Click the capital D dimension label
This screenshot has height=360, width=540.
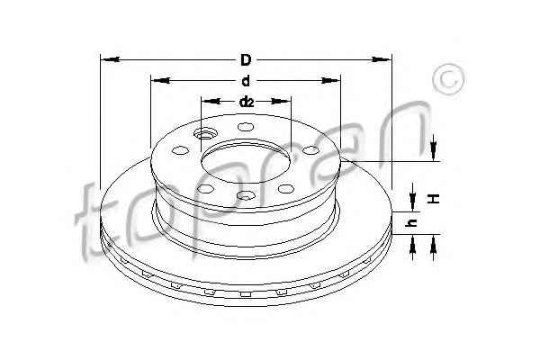246,60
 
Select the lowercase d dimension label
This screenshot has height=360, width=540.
246,81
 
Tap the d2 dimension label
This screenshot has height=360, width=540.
247,102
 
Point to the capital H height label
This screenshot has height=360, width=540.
435,199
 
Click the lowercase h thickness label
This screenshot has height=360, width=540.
411,223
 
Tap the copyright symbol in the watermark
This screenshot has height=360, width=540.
448,79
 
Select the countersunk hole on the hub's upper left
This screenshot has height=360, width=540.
205,133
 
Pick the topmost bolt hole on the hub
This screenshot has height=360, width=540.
246,127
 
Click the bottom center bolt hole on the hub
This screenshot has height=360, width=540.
246,195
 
